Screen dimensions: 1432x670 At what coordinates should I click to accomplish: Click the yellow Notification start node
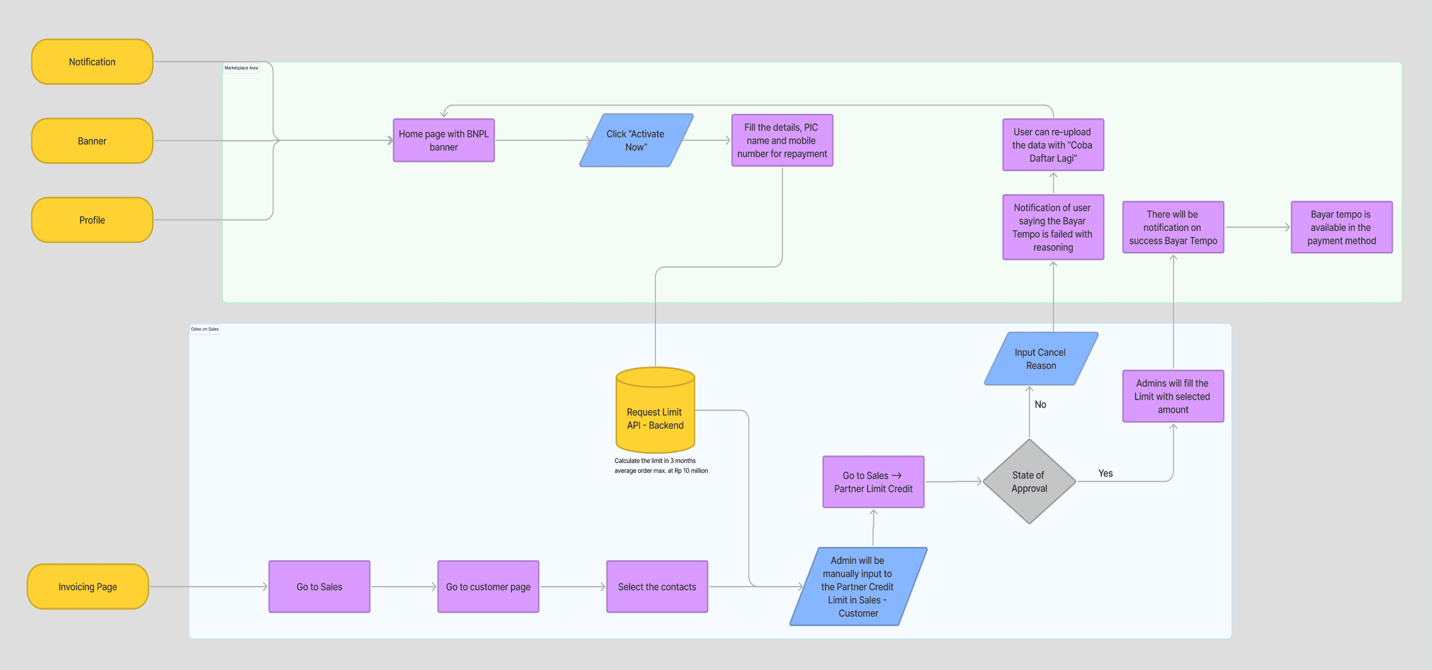[x=92, y=62]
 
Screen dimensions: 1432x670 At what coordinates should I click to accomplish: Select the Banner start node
[x=92, y=141]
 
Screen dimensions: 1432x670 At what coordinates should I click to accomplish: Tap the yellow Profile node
[x=92, y=220]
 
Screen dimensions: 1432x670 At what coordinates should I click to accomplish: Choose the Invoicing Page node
[x=88, y=586]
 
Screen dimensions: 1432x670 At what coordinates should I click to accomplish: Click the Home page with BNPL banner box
[x=444, y=140]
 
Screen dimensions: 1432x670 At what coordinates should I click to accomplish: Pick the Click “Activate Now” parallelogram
[x=636, y=140]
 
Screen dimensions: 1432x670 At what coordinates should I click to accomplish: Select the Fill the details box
[x=782, y=140]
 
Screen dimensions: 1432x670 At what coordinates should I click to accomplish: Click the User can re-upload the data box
[x=1053, y=145]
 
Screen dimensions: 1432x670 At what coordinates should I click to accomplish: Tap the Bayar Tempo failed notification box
[x=1053, y=227]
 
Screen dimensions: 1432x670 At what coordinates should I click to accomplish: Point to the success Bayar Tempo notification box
[x=1173, y=227]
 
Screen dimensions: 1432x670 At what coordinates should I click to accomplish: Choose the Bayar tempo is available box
[x=1341, y=227]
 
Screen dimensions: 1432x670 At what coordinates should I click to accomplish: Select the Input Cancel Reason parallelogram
[x=1041, y=359]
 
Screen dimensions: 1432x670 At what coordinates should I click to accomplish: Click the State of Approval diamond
[x=1029, y=482]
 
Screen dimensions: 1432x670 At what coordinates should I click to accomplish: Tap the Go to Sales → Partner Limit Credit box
[x=873, y=482]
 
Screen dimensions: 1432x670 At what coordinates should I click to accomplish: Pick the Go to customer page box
[x=488, y=586]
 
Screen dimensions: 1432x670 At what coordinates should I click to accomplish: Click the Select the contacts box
[x=657, y=586]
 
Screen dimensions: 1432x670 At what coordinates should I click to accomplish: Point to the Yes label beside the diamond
[x=1105, y=473]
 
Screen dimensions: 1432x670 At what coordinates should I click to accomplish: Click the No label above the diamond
[x=1040, y=404]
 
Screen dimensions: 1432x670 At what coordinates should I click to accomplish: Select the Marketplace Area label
[x=241, y=68]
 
